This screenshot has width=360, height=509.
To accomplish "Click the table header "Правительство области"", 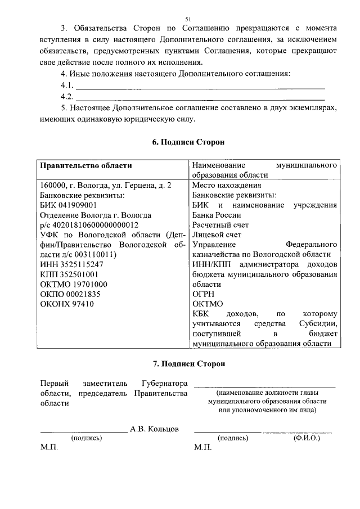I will (85, 165).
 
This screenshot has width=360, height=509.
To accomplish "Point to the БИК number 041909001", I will (76, 205).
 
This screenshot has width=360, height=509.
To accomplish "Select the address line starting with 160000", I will (106, 185).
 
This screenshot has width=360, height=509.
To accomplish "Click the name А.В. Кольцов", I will (154, 429).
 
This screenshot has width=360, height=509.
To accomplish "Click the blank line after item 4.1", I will (200, 88).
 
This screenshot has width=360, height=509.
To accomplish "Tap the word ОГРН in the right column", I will (203, 294).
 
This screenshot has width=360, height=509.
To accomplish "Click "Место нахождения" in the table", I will (226, 185).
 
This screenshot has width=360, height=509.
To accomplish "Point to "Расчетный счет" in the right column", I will (220, 224).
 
